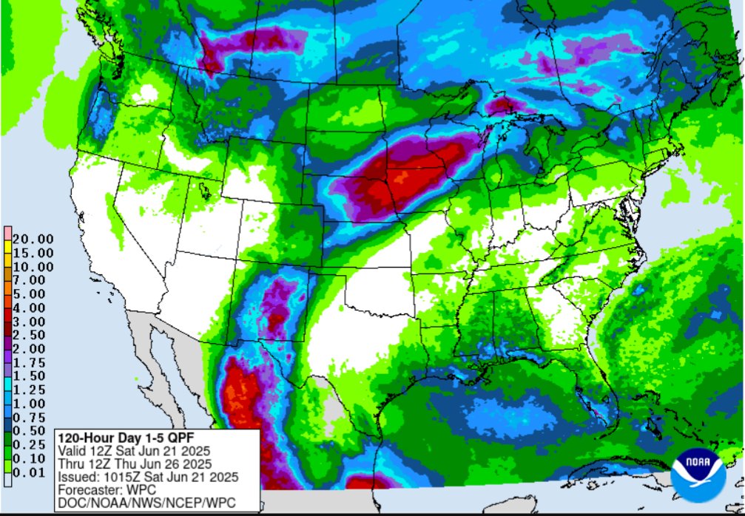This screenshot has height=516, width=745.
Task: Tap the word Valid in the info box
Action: [71, 450]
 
